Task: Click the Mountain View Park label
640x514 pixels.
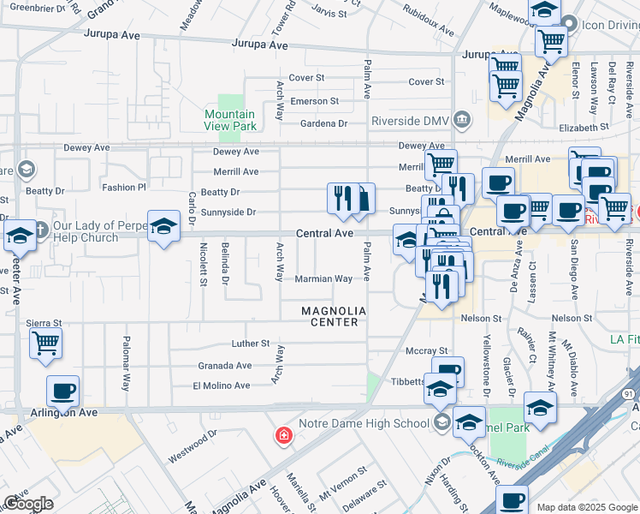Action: point(230,120)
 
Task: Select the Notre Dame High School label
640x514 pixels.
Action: point(364,423)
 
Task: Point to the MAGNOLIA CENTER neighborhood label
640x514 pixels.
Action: point(334,316)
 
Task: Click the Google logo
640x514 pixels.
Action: point(28,504)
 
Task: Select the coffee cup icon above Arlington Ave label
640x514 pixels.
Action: point(62,391)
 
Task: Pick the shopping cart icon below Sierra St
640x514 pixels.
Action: point(45,343)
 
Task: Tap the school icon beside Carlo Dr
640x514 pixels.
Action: point(163,226)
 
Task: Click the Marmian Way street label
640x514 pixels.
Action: point(323,278)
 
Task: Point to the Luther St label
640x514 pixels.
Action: point(251,344)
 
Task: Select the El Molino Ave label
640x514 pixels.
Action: point(220,385)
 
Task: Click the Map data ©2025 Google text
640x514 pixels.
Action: point(586,507)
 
